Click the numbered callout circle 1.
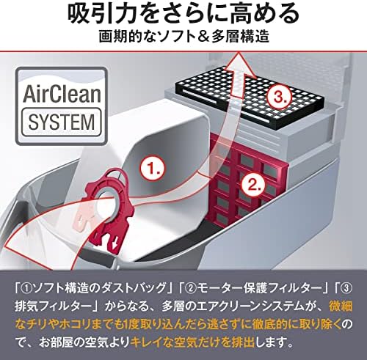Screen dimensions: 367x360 153,169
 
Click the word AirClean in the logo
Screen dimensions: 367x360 62,94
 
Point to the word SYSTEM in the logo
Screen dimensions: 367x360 62,122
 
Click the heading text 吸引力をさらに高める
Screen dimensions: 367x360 183,13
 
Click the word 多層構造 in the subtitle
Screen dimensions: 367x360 240,37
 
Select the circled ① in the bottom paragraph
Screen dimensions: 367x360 27,289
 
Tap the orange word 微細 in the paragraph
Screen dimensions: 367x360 341,306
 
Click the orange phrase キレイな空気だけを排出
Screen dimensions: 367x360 194,342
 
